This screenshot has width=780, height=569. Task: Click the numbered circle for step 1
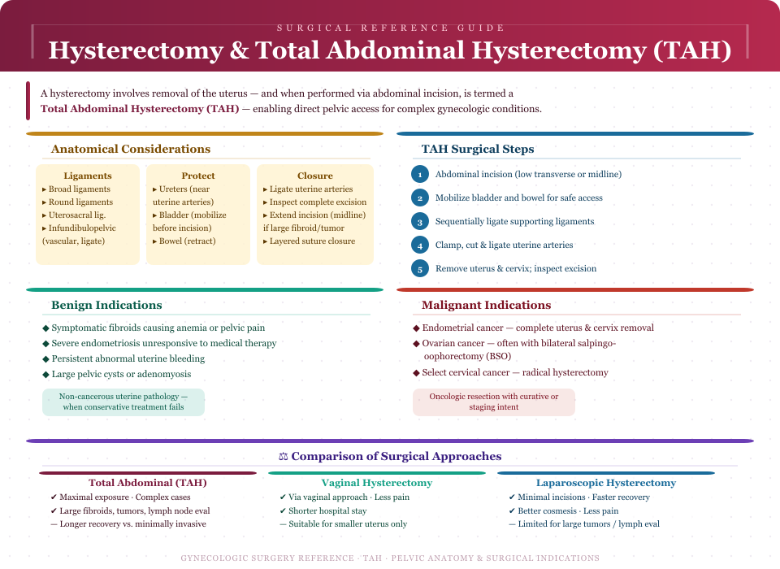419,174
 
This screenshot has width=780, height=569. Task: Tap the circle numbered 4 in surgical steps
419,245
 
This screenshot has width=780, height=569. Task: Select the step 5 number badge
419,268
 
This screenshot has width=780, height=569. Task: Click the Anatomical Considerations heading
131,149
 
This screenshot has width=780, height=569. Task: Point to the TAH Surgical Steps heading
478,149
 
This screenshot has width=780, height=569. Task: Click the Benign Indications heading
106,305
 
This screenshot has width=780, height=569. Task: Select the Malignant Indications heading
486,305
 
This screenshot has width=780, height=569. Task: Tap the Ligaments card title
88,176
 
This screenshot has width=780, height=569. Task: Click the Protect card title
198,176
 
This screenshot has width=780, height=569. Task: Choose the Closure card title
315,176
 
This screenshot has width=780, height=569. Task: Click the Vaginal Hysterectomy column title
377,483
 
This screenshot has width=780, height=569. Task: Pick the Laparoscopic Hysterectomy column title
606,483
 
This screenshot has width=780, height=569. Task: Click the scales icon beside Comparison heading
284,457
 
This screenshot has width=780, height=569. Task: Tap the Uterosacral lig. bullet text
76,215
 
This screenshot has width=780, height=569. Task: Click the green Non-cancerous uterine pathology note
123,402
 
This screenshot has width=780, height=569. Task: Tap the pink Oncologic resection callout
494,402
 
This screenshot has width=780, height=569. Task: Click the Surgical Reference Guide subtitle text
390,28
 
